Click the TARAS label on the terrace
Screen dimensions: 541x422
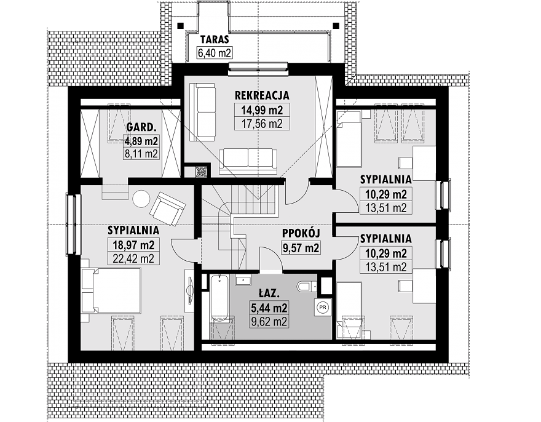[x=215, y=39]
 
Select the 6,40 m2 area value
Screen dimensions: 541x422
[x=215, y=53]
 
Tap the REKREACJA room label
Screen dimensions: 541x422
[x=261, y=95]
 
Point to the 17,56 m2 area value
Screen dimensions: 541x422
[x=262, y=124]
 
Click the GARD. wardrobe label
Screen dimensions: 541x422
[x=140, y=127]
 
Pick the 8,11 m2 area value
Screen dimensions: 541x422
[x=141, y=153]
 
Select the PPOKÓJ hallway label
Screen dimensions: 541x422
[x=301, y=233]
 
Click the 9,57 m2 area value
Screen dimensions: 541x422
[x=301, y=248]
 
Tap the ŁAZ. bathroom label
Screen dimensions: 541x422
[x=269, y=293]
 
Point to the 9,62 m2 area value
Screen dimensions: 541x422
[x=269, y=322]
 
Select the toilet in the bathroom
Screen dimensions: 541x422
[x=306, y=286]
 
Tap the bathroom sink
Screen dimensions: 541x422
[x=243, y=280]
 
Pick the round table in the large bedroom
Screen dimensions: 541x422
[x=141, y=199]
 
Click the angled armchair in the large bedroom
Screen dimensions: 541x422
[x=167, y=209]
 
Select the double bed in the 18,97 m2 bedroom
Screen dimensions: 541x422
[x=111, y=291]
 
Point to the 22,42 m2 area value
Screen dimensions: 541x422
[x=133, y=258]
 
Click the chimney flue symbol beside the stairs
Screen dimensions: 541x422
[x=201, y=172]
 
